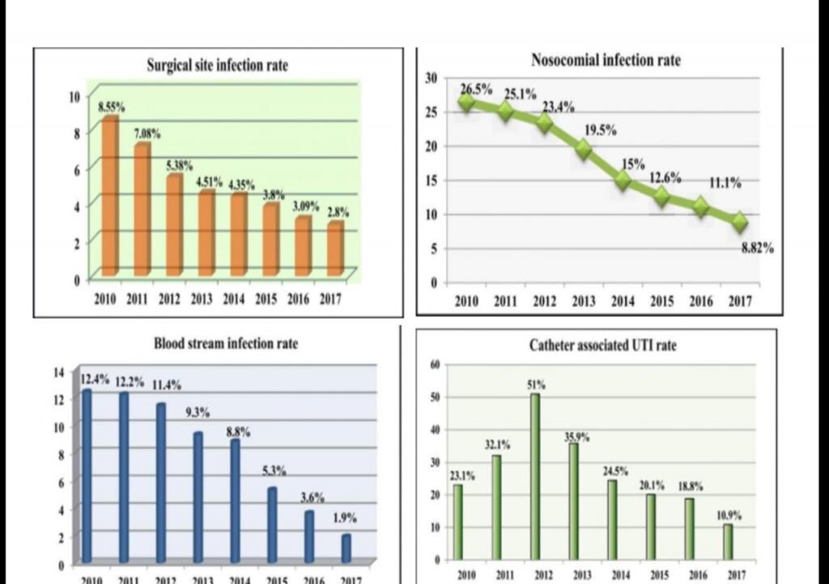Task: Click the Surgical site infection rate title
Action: pyautogui.click(x=217, y=66)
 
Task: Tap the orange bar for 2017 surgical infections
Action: pyautogui.click(x=335, y=248)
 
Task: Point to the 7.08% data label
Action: pyautogui.click(x=147, y=134)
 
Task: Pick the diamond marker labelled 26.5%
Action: pyautogui.click(x=466, y=102)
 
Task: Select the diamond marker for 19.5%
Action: pyautogui.click(x=584, y=149)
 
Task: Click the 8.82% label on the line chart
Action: pyautogui.click(x=758, y=249)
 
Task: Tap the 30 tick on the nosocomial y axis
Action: pyautogui.click(x=432, y=78)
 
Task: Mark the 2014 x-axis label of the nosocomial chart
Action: pyautogui.click(x=623, y=302)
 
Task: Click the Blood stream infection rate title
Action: pyautogui.click(x=226, y=343)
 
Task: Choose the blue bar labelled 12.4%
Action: pyautogui.click(x=87, y=476)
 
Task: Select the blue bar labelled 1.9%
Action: pyautogui.click(x=346, y=548)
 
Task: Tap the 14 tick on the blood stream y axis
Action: pyautogui.click(x=58, y=373)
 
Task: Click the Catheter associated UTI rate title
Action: pyautogui.click(x=603, y=346)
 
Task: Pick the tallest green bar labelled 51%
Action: pyautogui.click(x=536, y=476)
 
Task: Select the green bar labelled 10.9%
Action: pyautogui.click(x=729, y=541)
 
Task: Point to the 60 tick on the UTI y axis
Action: pyautogui.click(x=435, y=364)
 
